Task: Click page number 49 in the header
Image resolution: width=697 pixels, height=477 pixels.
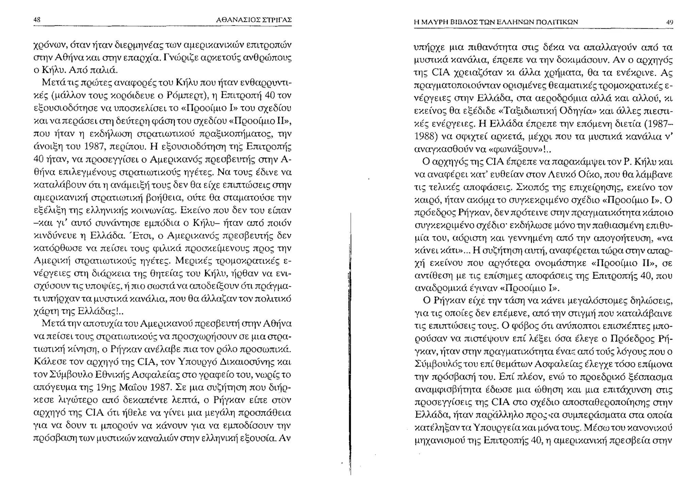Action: click(x=669, y=22)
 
